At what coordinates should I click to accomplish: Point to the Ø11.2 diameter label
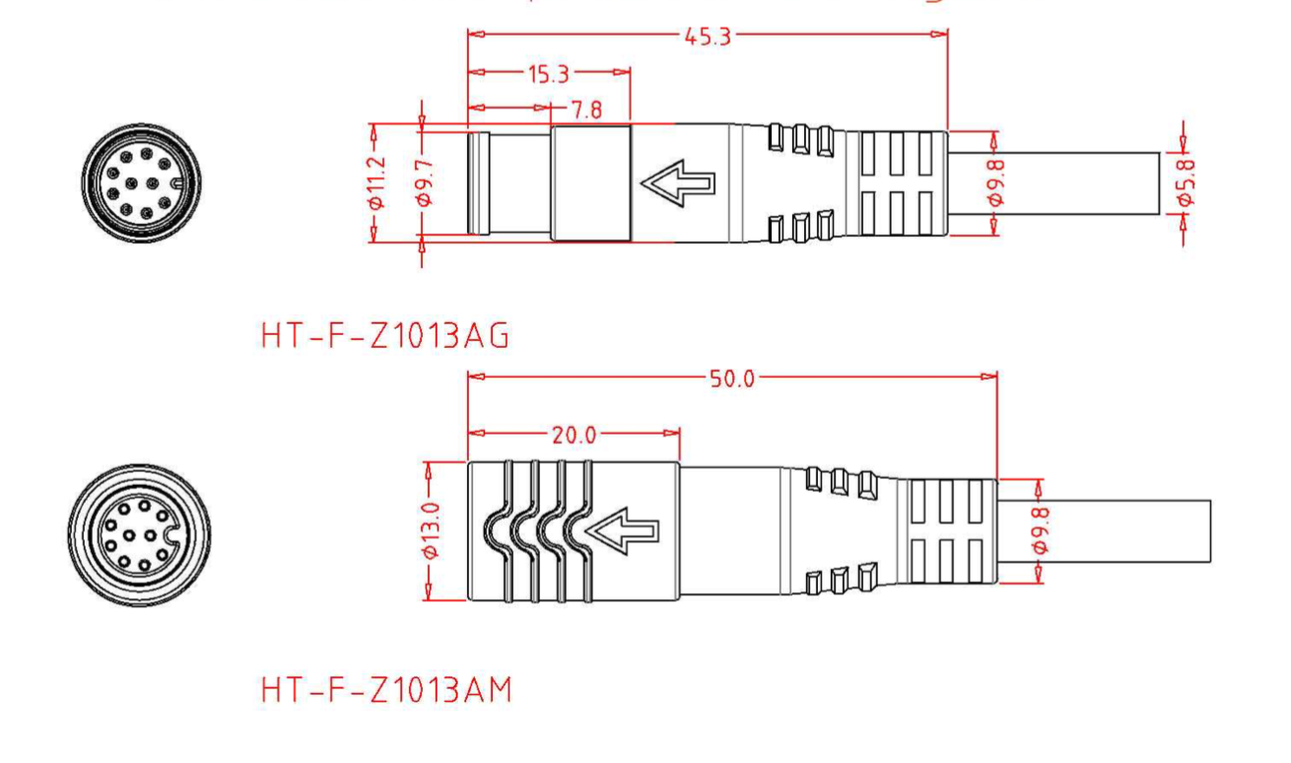[374, 183]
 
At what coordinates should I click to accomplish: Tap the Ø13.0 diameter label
[430, 532]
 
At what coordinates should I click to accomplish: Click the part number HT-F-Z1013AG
[385, 338]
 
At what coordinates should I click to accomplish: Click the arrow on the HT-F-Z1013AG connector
[677, 184]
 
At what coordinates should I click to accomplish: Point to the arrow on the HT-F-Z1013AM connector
[622, 533]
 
